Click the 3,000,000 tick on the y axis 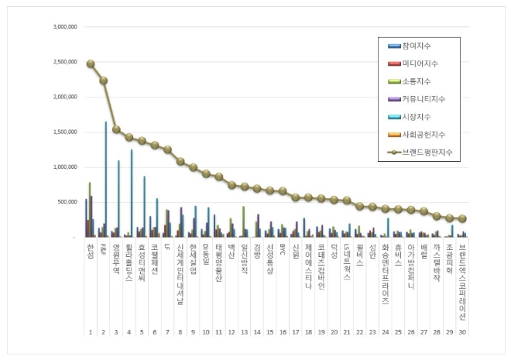63,27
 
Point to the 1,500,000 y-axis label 63,132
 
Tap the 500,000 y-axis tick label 66,202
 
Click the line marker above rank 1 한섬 91,63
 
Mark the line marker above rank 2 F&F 103,81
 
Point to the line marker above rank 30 462,219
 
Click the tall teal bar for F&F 106,178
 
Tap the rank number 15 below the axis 270,331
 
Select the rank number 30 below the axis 462,331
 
